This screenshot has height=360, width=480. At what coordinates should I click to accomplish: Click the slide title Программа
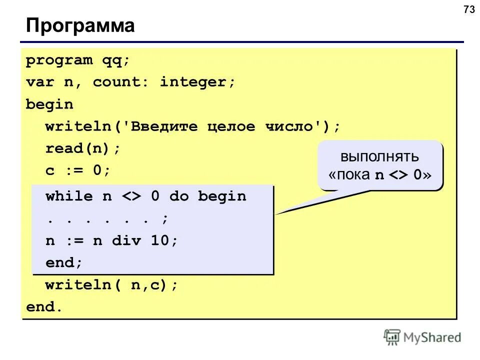80,25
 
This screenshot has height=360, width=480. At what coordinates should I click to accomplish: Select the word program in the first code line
59,61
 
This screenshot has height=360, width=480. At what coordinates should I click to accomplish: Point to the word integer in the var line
197,82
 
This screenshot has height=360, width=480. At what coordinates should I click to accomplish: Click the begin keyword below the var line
49,104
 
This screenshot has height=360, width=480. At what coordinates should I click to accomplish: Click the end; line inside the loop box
63,262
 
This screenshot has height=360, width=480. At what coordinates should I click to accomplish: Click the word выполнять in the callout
380,156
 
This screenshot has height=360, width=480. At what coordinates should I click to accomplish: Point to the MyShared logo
422,337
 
